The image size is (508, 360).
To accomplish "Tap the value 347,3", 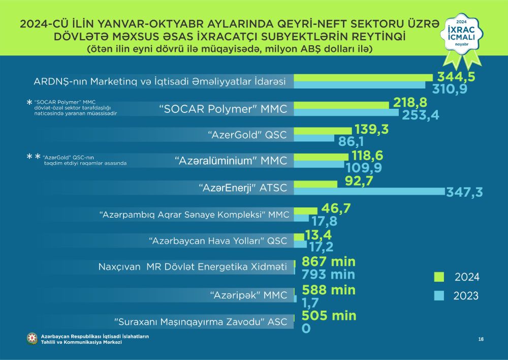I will (x=464, y=192).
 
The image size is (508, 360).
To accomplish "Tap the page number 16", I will (x=481, y=339).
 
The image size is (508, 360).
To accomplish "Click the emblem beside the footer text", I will (x=33, y=339).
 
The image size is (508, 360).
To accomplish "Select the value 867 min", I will (x=329, y=262).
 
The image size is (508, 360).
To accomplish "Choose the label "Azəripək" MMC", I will (x=249, y=294).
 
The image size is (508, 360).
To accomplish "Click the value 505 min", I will (x=329, y=316).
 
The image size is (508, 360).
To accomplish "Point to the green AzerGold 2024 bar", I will (x=323, y=131).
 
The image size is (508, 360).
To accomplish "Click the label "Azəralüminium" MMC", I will (x=231, y=161).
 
